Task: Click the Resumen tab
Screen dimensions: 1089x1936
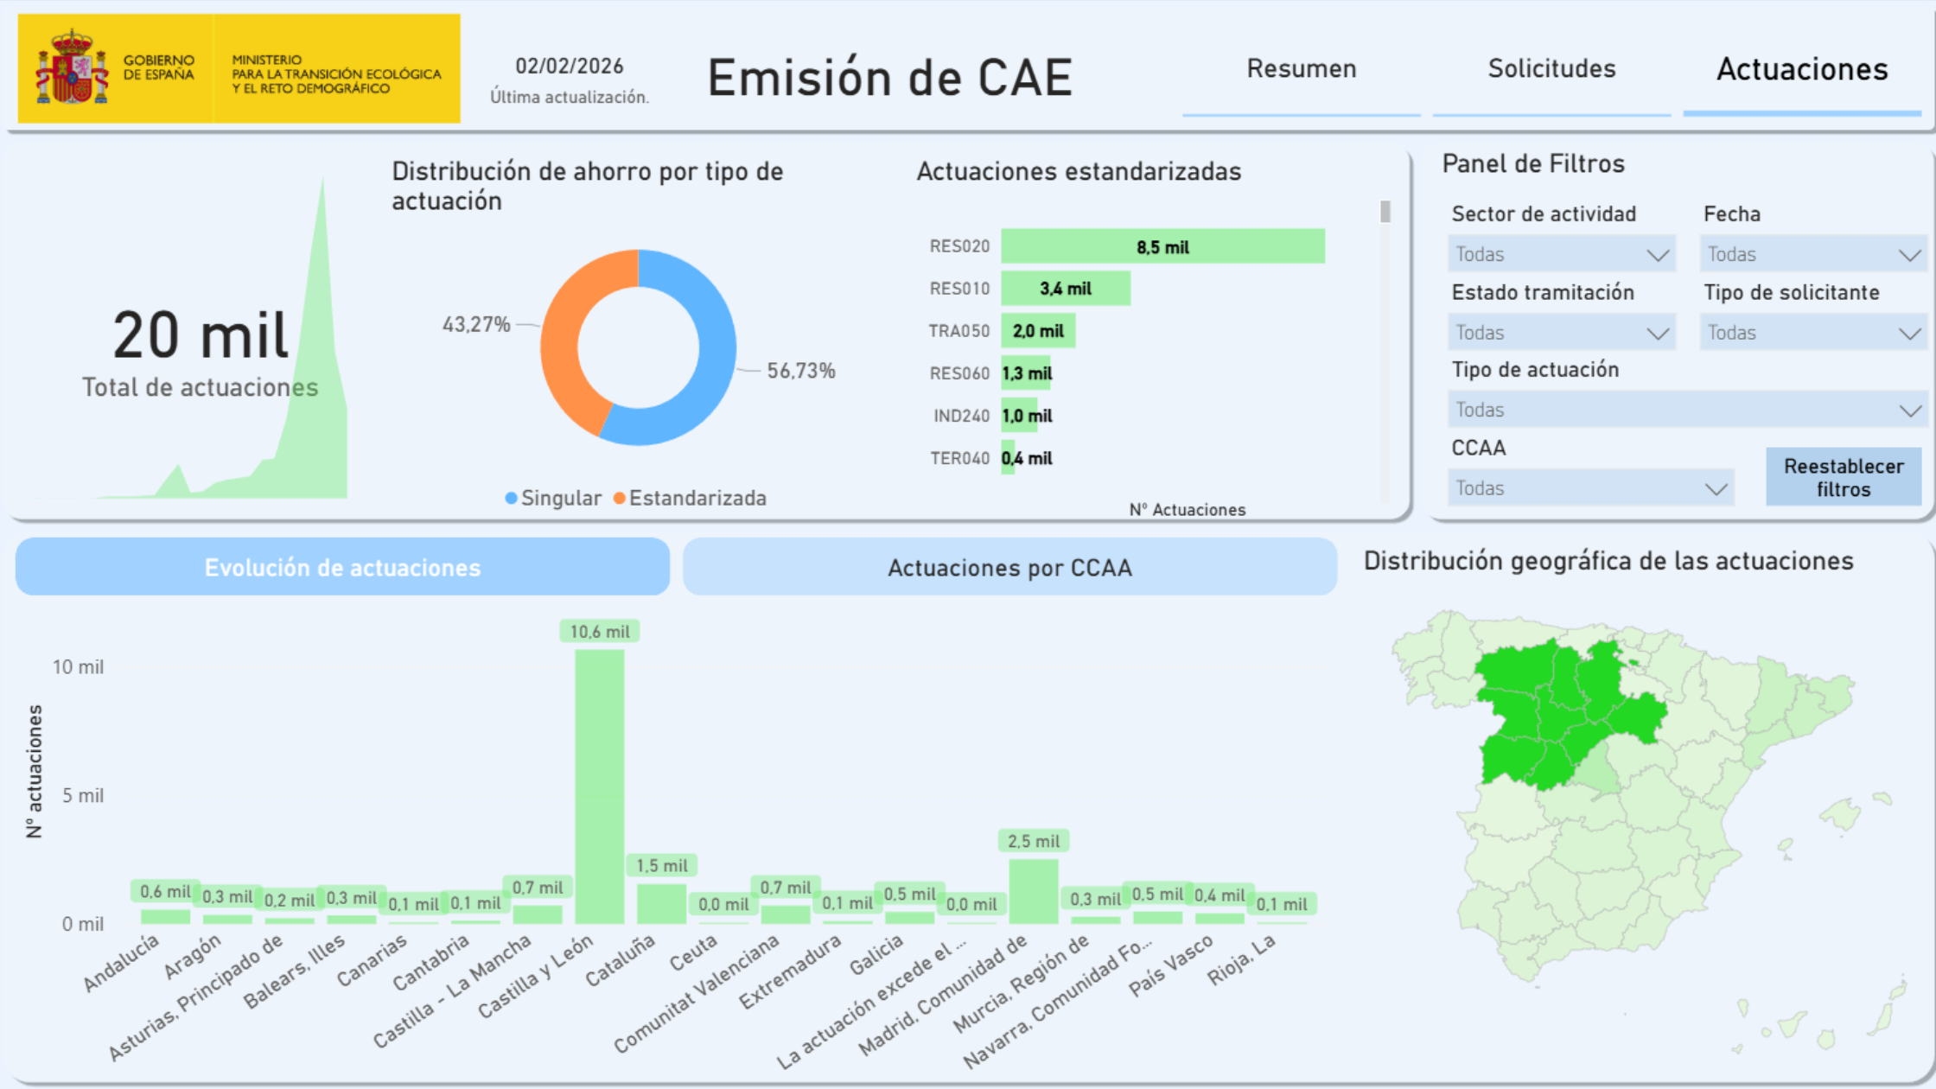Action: click(x=1301, y=69)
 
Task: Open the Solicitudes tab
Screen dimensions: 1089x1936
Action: click(x=1551, y=69)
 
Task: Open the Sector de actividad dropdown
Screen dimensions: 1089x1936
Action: click(x=1561, y=254)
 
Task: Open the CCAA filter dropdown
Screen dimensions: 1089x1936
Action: click(x=1590, y=488)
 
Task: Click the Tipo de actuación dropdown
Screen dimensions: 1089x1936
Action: click(x=1685, y=411)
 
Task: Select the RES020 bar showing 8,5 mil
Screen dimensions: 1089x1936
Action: click(x=1162, y=246)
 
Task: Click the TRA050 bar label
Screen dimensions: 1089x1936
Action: click(x=958, y=331)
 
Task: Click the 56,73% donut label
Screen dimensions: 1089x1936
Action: click(x=801, y=371)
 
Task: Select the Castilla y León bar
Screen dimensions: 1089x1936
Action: click(x=599, y=786)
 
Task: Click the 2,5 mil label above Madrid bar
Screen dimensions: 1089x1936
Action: click(x=1033, y=841)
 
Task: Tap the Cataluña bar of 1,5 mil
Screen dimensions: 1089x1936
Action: click(x=661, y=903)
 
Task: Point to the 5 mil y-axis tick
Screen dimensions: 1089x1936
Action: click(x=83, y=795)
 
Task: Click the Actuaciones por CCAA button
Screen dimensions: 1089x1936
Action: click(x=1009, y=568)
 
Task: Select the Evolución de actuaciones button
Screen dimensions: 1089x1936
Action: click(x=342, y=568)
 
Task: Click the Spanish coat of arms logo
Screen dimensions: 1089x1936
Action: click(x=72, y=67)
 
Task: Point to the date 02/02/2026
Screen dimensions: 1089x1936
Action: click(x=569, y=67)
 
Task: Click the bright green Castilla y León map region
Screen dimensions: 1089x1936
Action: click(x=1547, y=709)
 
